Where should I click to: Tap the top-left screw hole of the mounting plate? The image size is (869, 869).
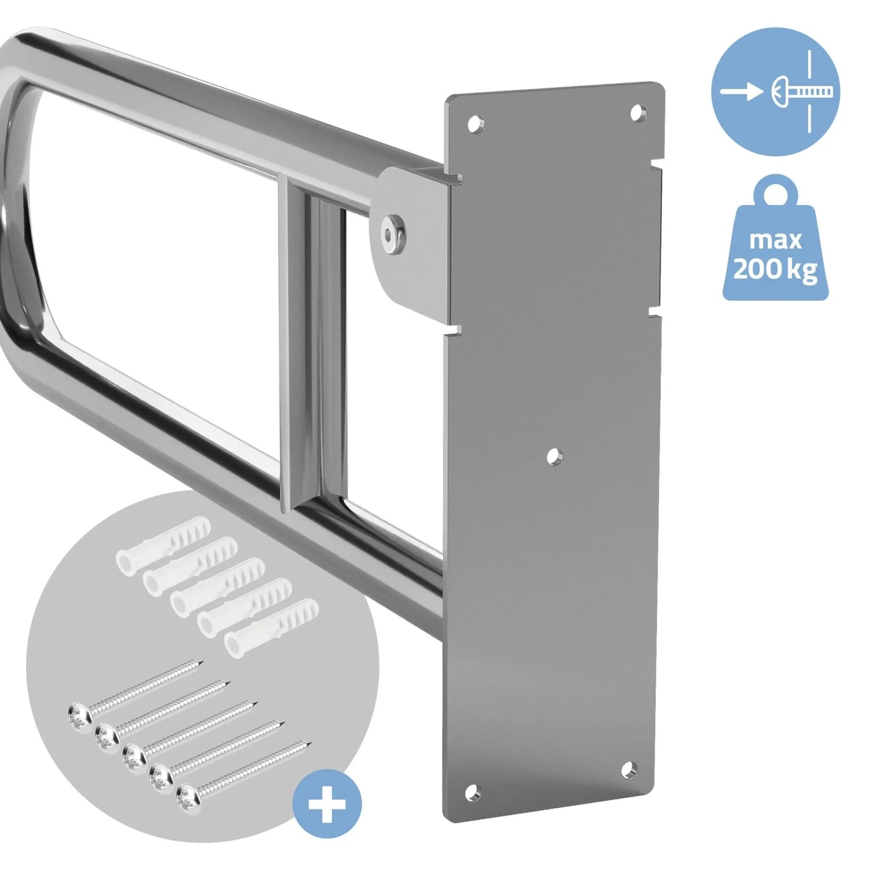click(475, 124)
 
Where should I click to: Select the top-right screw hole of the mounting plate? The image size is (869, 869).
click(638, 112)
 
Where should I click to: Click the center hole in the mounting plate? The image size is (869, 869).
click(554, 457)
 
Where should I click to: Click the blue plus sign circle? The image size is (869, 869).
click(327, 804)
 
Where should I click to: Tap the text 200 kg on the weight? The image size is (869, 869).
click(775, 268)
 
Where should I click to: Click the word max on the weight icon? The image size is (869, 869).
click(775, 239)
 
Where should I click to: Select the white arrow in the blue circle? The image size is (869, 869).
click(742, 91)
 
